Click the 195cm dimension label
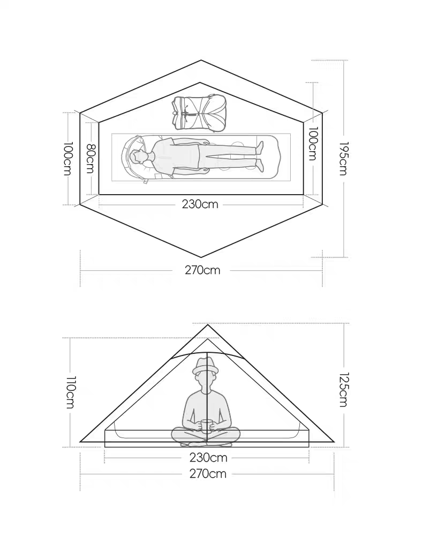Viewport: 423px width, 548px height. pos(343,158)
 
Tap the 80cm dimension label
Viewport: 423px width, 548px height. pos(90,158)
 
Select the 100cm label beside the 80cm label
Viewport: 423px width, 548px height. pos(68,158)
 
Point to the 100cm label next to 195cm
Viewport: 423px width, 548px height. pos(313,144)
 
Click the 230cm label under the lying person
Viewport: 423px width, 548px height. pos(200,204)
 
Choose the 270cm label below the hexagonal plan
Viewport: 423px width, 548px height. pos(203,270)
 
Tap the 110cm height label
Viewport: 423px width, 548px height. pos(70,392)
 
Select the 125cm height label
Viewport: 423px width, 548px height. pos(343,389)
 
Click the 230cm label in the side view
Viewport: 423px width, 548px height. pos(208,457)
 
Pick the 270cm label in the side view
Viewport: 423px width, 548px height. pos(208,473)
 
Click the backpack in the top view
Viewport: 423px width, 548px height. pos(200,113)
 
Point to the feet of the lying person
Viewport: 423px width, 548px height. pos(260,156)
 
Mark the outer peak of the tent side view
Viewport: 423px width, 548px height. pos(208,325)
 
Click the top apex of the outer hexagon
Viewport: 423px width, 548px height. pos(201,61)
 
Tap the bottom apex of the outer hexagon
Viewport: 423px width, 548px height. pos(201,257)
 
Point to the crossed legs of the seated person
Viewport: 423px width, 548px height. pos(206,437)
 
